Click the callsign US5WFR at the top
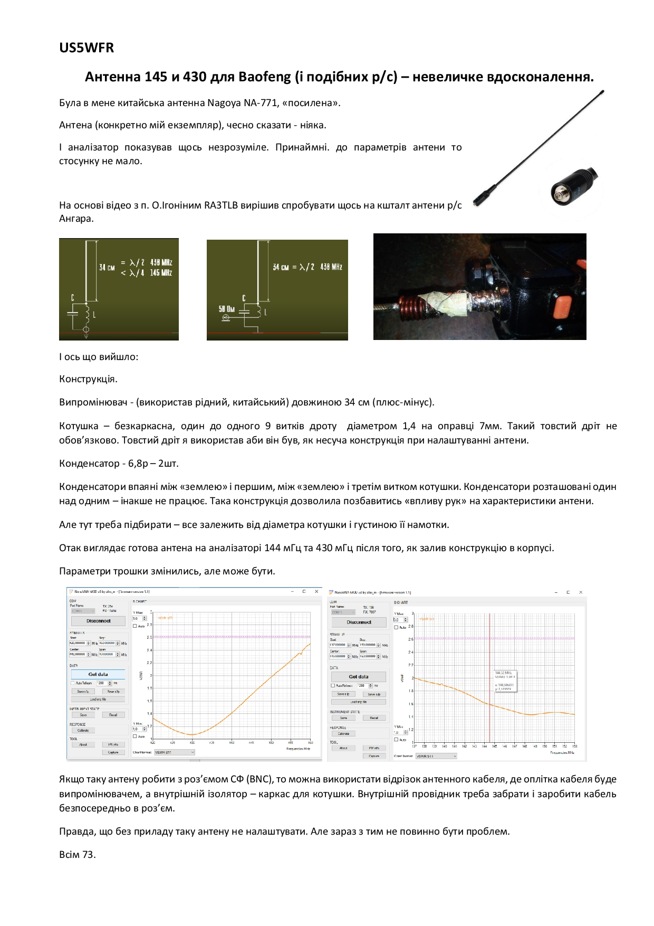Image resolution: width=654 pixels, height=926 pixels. [x=86, y=48]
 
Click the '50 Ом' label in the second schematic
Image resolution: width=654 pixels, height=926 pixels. [x=227, y=309]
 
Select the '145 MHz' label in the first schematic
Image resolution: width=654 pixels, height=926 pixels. [x=161, y=273]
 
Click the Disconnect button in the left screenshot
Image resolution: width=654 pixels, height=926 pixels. [x=99, y=621]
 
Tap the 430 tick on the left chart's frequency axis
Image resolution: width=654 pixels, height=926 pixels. [x=192, y=743]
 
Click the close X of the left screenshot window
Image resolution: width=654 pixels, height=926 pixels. [x=316, y=592]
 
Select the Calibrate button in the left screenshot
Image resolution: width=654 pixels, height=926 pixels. [x=83, y=730]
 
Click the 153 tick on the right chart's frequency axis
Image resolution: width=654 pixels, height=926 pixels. [x=574, y=747]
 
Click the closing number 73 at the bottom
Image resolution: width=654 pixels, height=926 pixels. [x=88, y=855]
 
